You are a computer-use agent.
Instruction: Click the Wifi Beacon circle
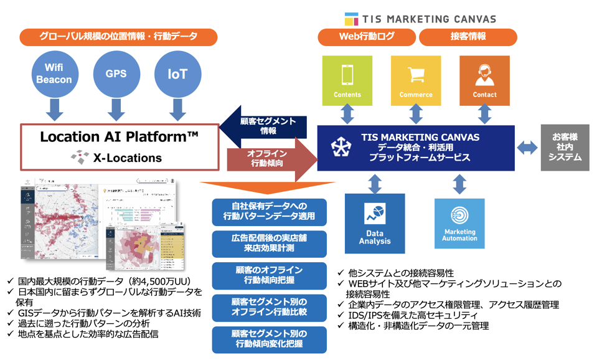click(x=54, y=73)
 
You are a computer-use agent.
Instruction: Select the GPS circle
click(x=116, y=73)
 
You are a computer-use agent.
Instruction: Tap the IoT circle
click(x=177, y=74)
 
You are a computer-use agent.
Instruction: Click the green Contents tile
click(x=347, y=80)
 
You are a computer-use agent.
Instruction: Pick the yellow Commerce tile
click(x=415, y=80)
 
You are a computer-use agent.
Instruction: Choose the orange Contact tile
click(x=484, y=80)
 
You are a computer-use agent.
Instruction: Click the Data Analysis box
click(x=374, y=223)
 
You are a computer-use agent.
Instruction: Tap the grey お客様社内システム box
click(x=565, y=147)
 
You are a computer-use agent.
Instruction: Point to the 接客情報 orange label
click(x=468, y=37)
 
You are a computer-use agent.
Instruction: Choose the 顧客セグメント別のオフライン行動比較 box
click(x=268, y=307)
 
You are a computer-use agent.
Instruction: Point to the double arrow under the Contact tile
click(x=484, y=115)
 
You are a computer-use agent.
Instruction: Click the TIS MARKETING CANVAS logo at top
click(x=421, y=19)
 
